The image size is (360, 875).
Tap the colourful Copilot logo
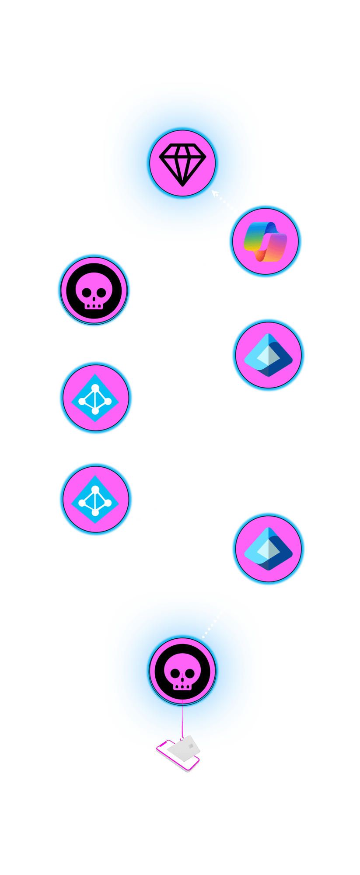coord(265,241)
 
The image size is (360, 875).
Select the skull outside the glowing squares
coord(94,290)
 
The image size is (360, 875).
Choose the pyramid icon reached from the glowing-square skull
coord(268,548)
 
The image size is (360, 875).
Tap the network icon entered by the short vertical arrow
coord(95,397)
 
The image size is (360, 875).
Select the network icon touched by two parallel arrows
coord(95,499)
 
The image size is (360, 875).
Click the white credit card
coord(184,748)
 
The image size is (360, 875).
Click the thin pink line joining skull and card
coord(182,719)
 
